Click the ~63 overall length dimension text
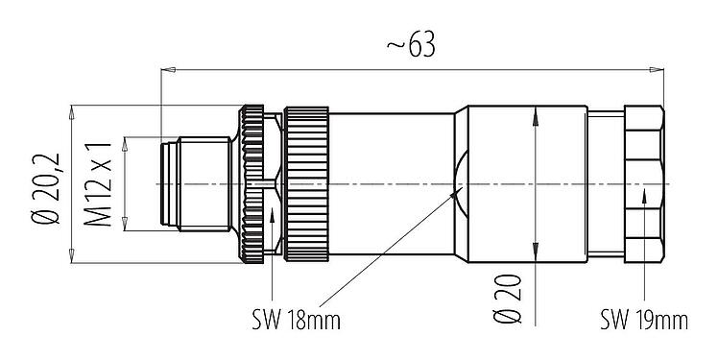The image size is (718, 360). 410,46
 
